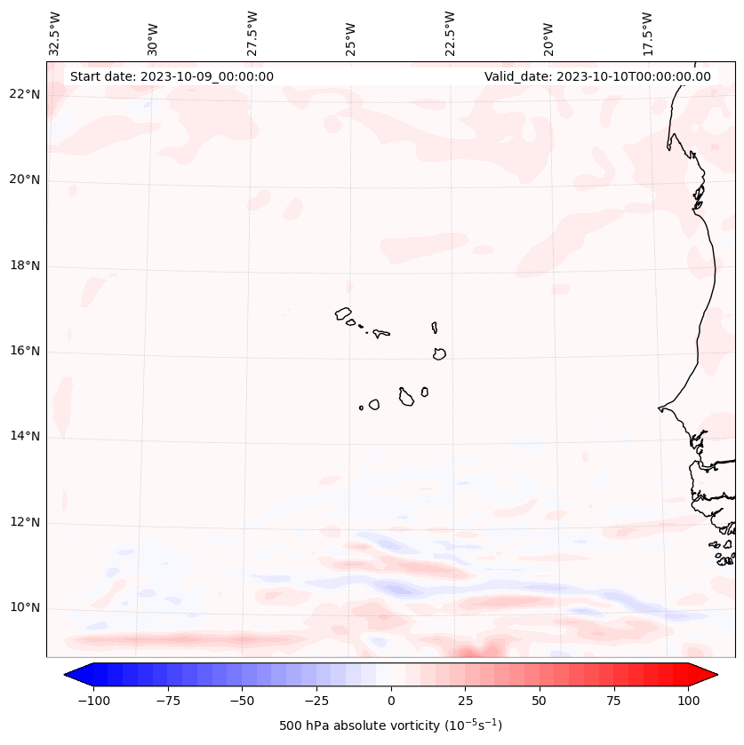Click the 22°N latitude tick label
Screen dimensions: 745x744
click(26, 94)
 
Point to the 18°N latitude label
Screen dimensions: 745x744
click(26, 266)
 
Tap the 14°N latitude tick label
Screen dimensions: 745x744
click(26, 436)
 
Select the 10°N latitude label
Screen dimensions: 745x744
click(26, 607)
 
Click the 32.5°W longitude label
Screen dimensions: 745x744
click(55, 34)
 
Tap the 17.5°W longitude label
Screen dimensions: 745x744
click(647, 34)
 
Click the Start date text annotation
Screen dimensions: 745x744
click(172, 76)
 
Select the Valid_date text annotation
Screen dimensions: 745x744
click(597, 76)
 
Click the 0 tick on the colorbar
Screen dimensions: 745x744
click(390, 700)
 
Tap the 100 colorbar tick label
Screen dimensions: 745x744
click(688, 700)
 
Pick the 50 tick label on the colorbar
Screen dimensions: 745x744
click(540, 700)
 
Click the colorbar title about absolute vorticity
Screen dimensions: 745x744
click(390, 725)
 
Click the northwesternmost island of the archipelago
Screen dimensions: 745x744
click(343, 313)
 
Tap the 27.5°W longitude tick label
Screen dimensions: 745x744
click(252, 34)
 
